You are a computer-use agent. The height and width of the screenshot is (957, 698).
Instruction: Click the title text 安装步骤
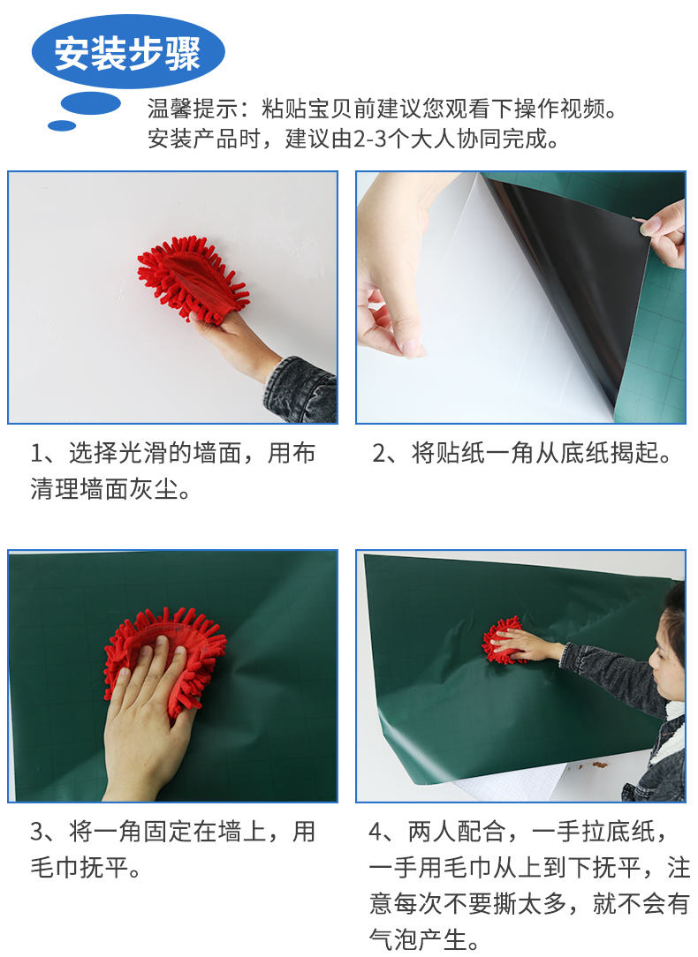pos(127,54)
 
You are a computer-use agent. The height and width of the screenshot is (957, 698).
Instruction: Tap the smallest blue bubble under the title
pos(62,125)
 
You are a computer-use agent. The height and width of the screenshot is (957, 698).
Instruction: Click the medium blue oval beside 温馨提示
pos(91,104)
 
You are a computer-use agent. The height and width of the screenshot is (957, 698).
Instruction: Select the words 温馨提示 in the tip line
pos(193,109)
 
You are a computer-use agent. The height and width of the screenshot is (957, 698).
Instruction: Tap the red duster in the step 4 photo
pos(503,640)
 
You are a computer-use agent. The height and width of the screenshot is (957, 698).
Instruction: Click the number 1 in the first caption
pos(36,454)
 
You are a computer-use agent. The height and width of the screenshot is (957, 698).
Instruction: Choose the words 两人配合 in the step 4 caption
pos(456,832)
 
